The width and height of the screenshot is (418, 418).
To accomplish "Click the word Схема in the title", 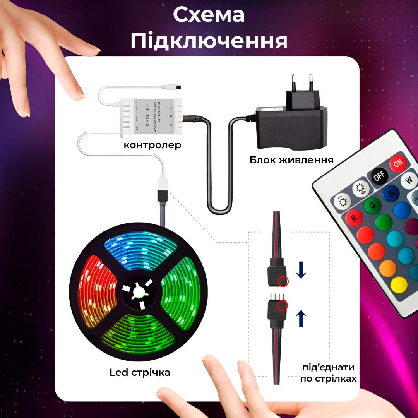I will tap(209, 15).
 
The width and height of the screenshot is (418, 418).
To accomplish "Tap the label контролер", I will tap(152, 146).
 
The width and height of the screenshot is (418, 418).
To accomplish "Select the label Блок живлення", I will tap(291, 160).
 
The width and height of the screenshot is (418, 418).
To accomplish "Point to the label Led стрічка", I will tap(140, 372).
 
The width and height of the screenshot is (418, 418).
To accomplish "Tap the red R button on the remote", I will tap(353, 218).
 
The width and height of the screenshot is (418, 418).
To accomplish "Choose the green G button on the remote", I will tap(372, 206).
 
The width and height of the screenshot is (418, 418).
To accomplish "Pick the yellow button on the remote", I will tap(399, 285).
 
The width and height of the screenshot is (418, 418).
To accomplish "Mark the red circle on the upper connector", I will tap(283, 281).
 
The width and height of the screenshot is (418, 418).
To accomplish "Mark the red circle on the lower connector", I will tap(283, 306).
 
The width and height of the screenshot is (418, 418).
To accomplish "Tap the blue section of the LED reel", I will tap(141, 250).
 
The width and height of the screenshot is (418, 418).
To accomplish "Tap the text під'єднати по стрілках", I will tap(328, 373).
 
